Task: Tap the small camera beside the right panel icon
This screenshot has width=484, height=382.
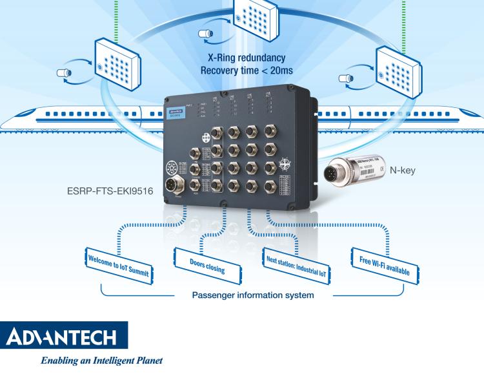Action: coord(346,80)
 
